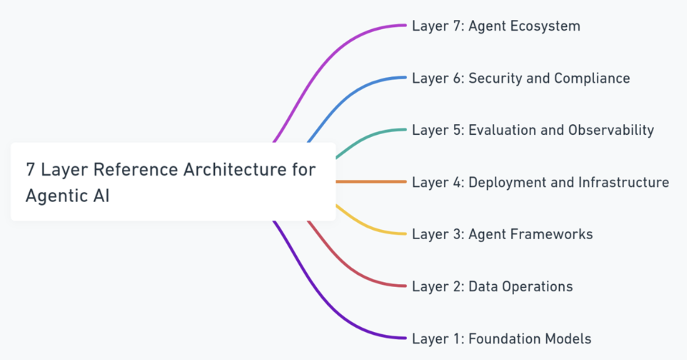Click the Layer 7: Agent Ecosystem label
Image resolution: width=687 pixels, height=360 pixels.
click(496, 26)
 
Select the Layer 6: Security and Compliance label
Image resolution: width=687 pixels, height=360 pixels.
click(521, 78)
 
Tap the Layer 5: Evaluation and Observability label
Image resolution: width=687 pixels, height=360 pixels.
click(533, 130)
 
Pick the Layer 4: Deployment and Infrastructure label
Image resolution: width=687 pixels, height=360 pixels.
click(540, 182)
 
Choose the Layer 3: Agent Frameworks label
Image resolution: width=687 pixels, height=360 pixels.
click(502, 234)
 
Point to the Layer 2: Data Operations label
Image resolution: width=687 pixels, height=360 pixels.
click(492, 287)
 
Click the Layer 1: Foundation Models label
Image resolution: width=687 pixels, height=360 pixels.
click(501, 339)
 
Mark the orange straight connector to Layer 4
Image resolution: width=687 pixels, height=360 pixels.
click(371, 181)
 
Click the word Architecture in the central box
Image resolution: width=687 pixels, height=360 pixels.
click(235, 170)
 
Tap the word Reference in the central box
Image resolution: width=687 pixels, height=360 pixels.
click(136, 170)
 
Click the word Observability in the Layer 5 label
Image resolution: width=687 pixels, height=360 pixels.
click(611, 130)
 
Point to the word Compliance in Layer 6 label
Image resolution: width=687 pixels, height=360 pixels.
click(592, 78)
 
